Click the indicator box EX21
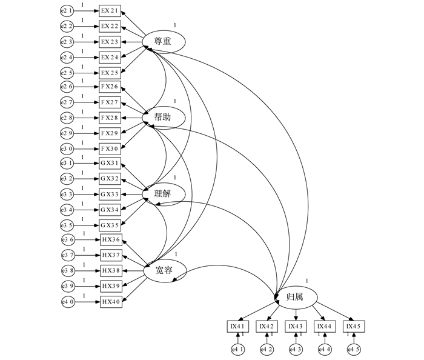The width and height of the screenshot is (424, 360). (x=110, y=11)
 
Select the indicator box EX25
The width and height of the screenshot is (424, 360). (x=110, y=72)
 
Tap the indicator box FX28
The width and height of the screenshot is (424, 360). (x=110, y=118)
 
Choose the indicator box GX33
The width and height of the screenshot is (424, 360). (x=110, y=195)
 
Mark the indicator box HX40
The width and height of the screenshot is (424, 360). (x=111, y=301)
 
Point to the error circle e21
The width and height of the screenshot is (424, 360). (x=67, y=11)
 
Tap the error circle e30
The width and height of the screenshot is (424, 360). (x=67, y=148)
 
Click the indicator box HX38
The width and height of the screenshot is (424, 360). (x=111, y=270)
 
